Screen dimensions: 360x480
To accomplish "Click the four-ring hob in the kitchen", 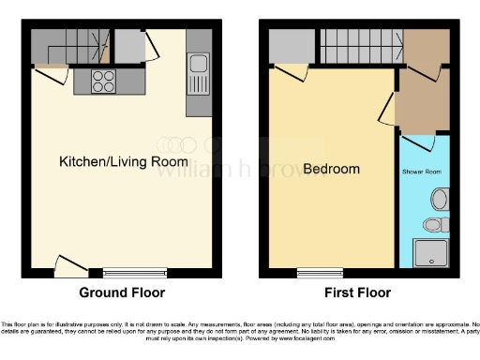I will click(104, 82).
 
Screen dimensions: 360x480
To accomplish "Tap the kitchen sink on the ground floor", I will click(198, 65).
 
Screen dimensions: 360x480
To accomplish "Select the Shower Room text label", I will click(421, 172).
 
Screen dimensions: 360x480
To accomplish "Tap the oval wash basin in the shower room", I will click(441, 199).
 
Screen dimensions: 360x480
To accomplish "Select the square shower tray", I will click(431, 253).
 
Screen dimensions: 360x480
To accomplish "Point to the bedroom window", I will click(317, 274).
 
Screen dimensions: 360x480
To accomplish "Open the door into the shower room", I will click(412, 142).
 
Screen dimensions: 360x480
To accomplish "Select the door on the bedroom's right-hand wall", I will click(386, 111).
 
